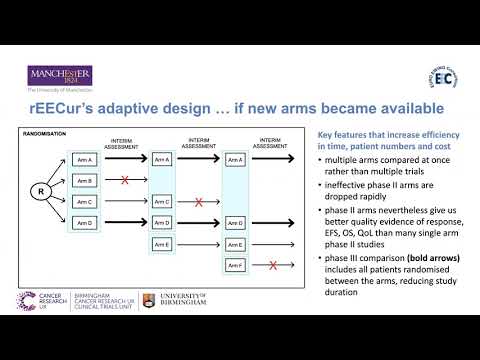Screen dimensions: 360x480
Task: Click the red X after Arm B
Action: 124,181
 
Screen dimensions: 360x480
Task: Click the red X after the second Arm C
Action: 199,201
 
